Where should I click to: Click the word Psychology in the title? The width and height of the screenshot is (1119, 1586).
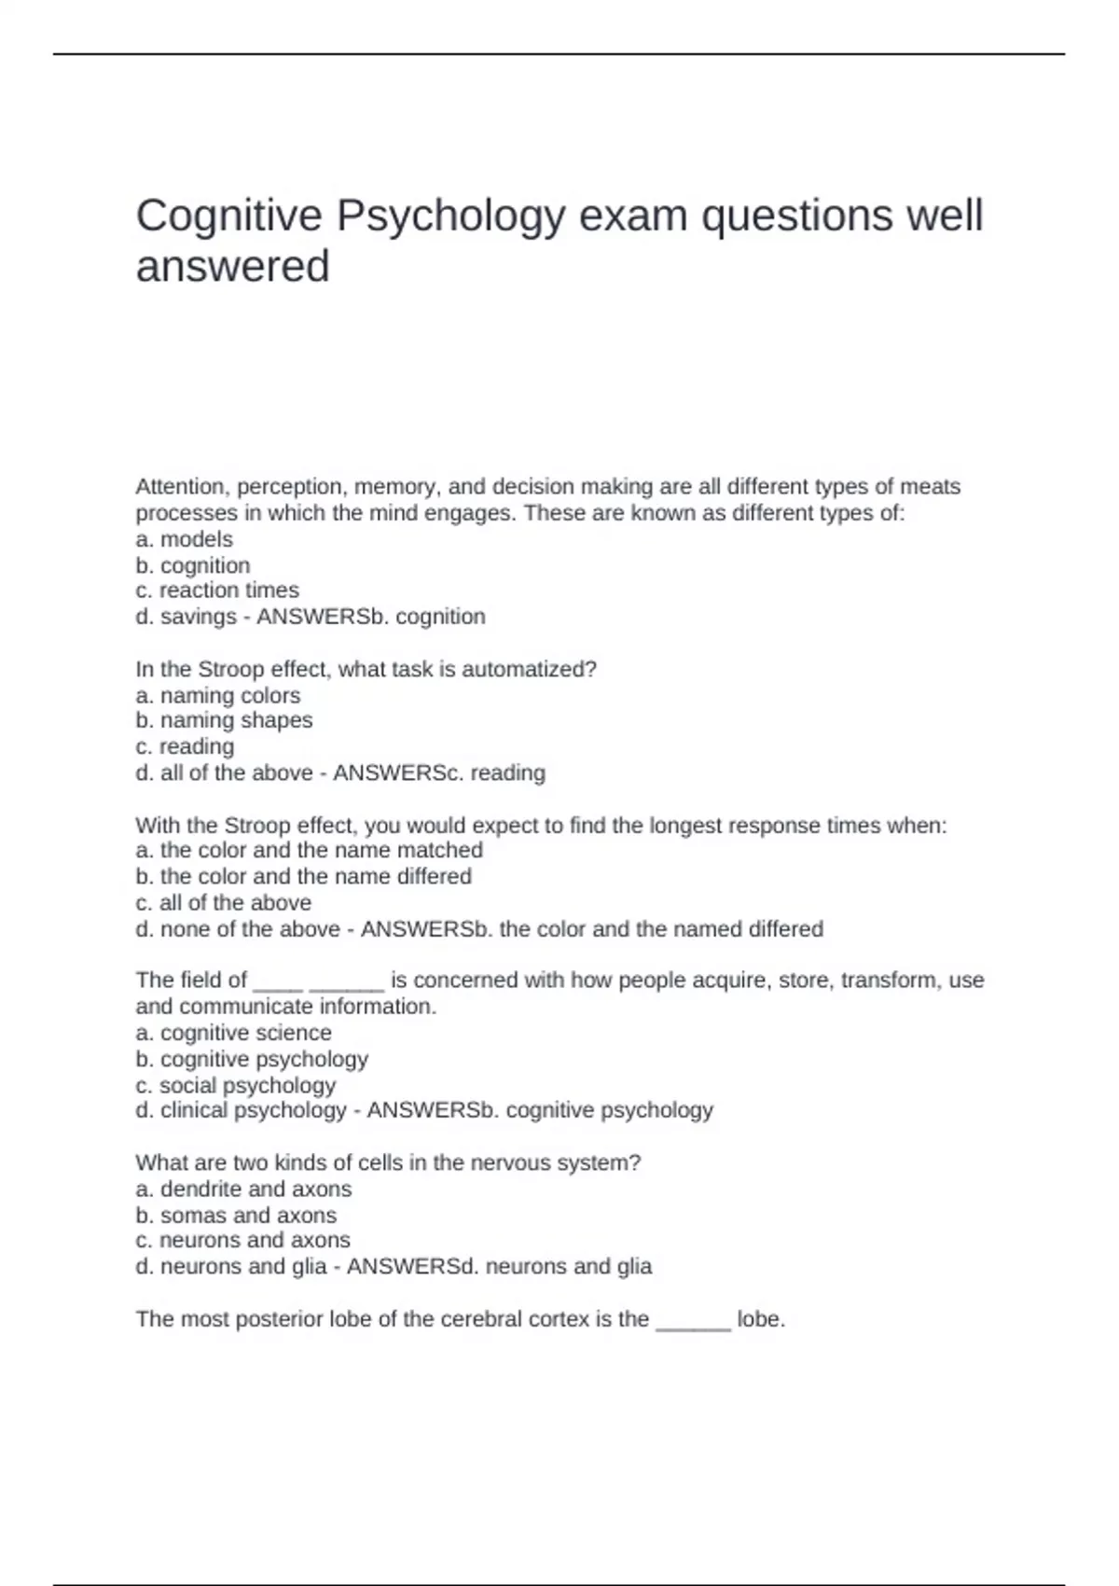click(450, 216)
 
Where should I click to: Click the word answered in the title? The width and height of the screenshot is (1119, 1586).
click(232, 267)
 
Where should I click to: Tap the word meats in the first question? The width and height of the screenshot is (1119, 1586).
click(931, 487)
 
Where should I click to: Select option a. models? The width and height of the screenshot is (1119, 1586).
click(184, 539)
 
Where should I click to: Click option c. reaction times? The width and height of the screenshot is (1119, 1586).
click(217, 591)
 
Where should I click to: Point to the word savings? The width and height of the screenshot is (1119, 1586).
click(198, 617)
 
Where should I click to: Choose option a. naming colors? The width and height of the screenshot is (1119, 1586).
click(217, 696)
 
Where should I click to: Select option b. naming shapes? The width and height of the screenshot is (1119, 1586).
click(224, 720)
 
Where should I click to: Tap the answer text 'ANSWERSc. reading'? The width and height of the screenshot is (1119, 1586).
click(439, 772)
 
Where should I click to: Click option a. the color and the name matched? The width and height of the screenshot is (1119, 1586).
click(309, 850)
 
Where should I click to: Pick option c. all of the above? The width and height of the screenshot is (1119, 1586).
click(223, 903)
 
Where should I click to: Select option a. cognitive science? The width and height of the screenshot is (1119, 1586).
click(233, 1033)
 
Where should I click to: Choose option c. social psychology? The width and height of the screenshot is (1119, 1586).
click(235, 1086)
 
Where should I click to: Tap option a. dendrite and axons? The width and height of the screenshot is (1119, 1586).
click(243, 1189)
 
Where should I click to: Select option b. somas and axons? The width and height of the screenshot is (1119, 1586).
click(236, 1216)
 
